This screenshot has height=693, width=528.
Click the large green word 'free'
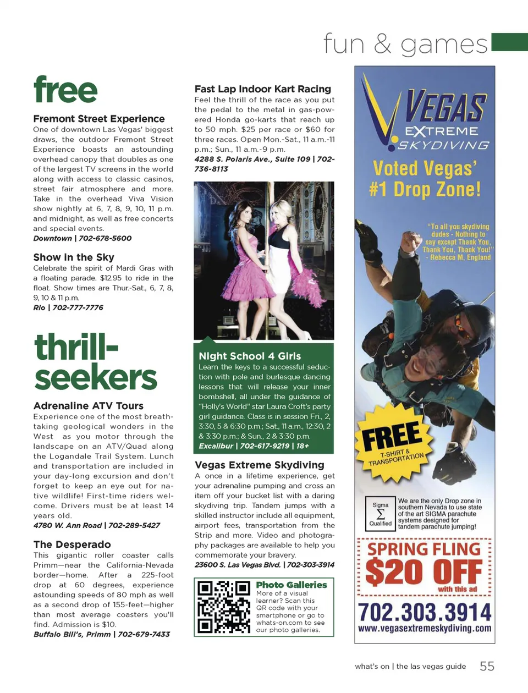point(65,91)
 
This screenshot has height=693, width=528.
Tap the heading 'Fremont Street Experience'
point(99,119)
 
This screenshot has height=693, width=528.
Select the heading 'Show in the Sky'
point(74,257)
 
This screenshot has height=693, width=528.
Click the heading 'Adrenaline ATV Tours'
point(89,406)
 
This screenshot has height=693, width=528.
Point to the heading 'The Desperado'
point(72,544)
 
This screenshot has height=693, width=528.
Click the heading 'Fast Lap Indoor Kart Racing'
point(263,89)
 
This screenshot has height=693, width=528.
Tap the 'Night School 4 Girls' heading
point(250,356)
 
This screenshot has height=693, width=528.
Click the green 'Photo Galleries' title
point(291,585)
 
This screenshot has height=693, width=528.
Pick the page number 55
point(487,666)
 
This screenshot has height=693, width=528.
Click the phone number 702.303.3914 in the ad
point(425,612)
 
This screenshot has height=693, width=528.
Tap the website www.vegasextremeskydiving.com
point(425,628)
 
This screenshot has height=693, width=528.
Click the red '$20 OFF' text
point(424,572)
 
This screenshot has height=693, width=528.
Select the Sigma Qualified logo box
point(381,514)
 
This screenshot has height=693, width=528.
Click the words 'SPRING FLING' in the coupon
point(424,549)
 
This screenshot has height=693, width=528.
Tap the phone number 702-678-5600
point(105,238)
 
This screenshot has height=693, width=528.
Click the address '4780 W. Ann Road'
point(68,525)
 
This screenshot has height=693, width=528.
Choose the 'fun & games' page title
point(405,44)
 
